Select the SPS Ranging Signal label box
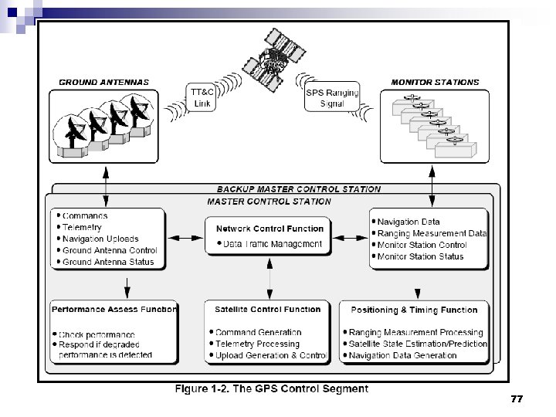coord(332,99)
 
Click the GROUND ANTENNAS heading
coord(104,82)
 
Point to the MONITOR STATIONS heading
coord(435,82)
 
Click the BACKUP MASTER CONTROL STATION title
coord(298,189)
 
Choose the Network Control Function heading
coord(270,229)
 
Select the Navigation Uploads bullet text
coord(100,239)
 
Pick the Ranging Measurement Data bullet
coord(432,233)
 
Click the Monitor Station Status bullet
coord(420,256)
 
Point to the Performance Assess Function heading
coord(114,310)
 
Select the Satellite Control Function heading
coord(267,310)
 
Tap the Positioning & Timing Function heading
coord(414,310)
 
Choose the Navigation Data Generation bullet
coord(403,355)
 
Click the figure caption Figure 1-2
coord(271,389)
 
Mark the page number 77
coord(517,399)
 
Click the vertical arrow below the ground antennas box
coord(105,185)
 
